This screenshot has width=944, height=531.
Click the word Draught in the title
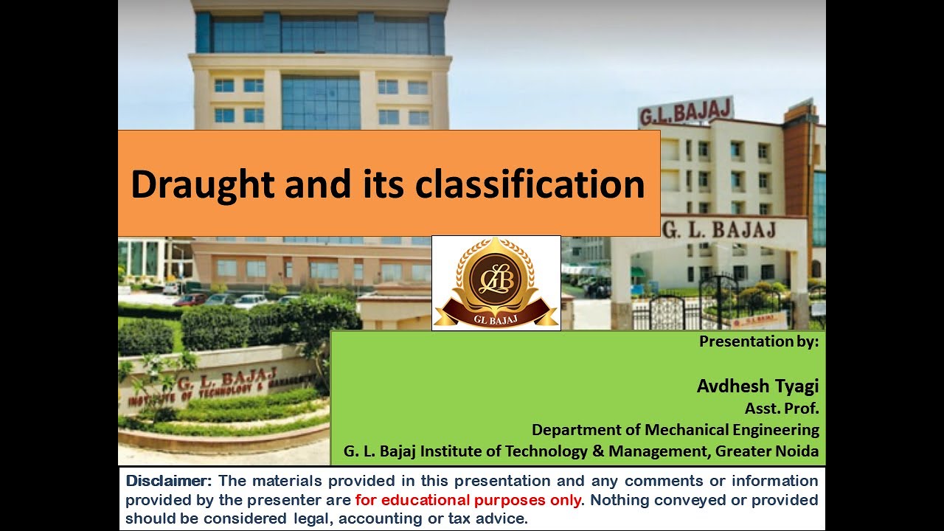click(200, 184)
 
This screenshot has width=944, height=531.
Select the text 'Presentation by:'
click(759, 341)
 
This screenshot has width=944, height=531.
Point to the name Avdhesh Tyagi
click(757, 386)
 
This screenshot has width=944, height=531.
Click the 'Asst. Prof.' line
click(782, 408)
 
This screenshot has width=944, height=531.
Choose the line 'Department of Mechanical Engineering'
click(675, 429)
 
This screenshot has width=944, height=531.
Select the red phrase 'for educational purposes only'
click(468, 500)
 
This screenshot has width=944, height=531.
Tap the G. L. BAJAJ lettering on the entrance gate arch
click(718, 230)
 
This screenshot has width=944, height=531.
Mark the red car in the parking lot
click(190, 299)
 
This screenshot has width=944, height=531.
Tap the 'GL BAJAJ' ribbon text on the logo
click(495, 319)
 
